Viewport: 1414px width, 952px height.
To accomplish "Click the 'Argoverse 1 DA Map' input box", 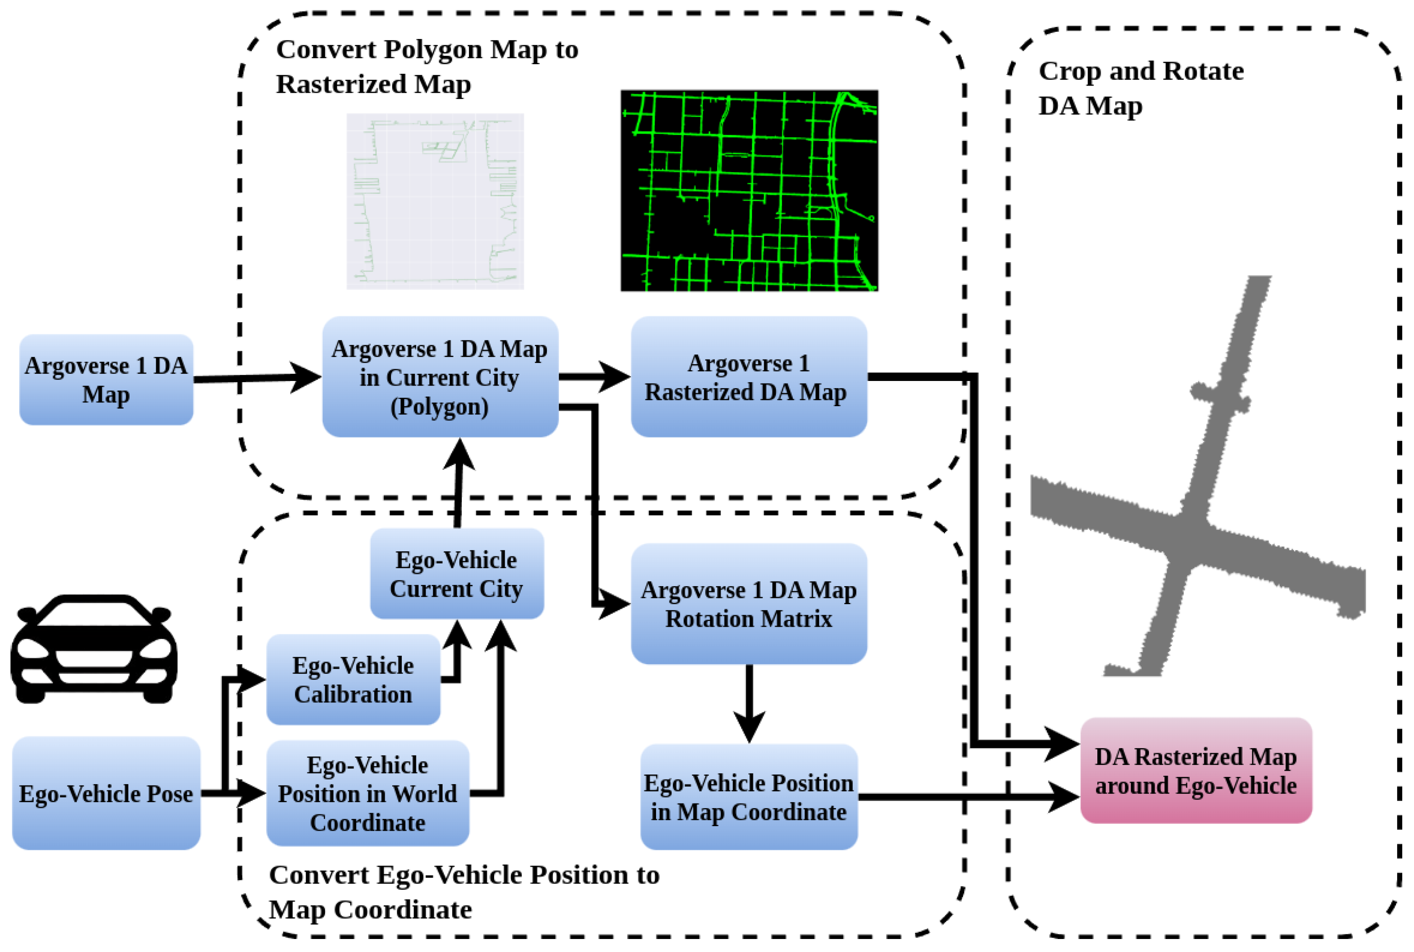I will [x=106, y=379].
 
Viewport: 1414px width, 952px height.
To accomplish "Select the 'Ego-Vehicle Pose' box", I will [x=106, y=793].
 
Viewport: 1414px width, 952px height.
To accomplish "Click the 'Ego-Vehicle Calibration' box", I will [x=353, y=679].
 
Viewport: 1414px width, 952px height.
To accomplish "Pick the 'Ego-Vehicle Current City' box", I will [x=456, y=574].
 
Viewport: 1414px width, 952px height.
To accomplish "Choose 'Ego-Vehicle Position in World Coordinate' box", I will [x=367, y=793].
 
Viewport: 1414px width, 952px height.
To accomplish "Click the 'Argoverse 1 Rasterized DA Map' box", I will [x=748, y=377].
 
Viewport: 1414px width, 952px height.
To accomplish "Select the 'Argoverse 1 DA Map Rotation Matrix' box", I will [x=748, y=604].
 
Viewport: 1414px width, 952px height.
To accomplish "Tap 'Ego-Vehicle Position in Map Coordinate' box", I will [x=748, y=797].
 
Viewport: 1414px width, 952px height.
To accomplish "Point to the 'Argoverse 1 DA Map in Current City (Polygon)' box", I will [x=440, y=377].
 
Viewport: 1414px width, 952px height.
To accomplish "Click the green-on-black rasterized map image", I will [x=749, y=190].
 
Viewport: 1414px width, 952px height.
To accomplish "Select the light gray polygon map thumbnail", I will [x=435, y=201].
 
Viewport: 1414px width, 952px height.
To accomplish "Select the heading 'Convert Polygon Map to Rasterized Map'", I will [x=427, y=66].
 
